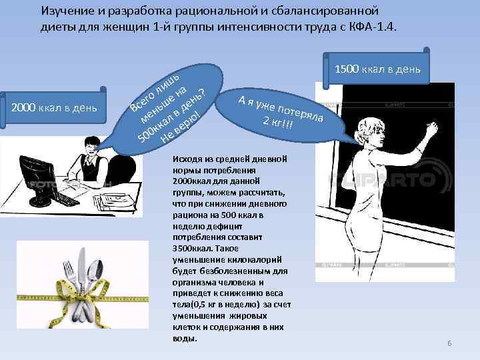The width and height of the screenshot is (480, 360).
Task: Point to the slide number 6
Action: point(449,343)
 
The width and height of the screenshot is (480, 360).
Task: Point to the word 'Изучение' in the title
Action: point(65,11)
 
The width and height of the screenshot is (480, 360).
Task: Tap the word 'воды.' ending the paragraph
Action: point(185,338)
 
